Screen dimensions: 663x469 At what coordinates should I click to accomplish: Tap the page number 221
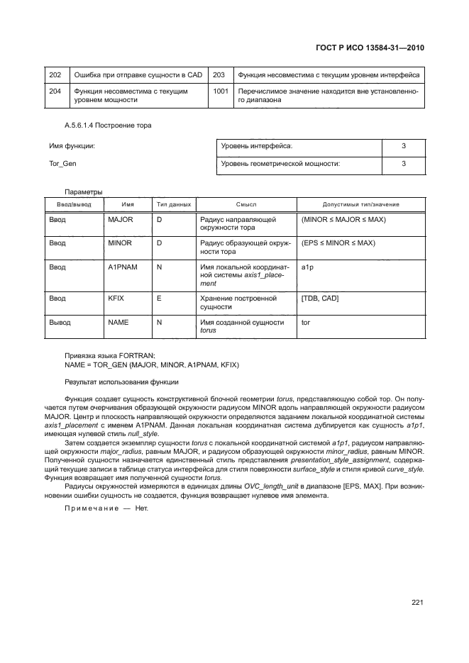pyautogui.click(x=416, y=603)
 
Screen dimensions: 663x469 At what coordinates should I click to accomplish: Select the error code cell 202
pyautogui.click(x=56, y=74)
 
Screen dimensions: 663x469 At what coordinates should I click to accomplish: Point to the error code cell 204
pyautogui.click(x=56, y=91)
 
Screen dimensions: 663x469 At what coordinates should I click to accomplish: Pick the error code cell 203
pyautogui.click(x=219, y=74)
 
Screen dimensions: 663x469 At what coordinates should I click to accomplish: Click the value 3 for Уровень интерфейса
pyautogui.click(x=403, y=146)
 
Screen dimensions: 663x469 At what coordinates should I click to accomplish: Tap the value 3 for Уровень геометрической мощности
pyautogui.click(x=403, y=164)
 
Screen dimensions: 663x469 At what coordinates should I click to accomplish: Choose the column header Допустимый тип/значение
pyautogui.click(x=360, y=204)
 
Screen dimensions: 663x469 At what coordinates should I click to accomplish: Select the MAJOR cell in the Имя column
pyautogui.click(x=116, y=220)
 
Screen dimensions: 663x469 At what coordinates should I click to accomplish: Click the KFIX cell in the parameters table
pyautogui.click(x=116, y=299)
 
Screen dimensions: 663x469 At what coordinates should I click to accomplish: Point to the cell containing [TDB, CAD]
pyautogui.click(x=320, y=299)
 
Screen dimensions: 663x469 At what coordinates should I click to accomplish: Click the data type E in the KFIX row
pyautogui.click(x=159, y=299)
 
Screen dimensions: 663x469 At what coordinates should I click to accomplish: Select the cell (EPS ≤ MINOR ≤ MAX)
pyautogui.click(x=338, y=243)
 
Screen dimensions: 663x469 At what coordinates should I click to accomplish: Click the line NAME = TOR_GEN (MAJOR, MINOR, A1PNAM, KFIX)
pyautogui.click(x=152, y=364)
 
